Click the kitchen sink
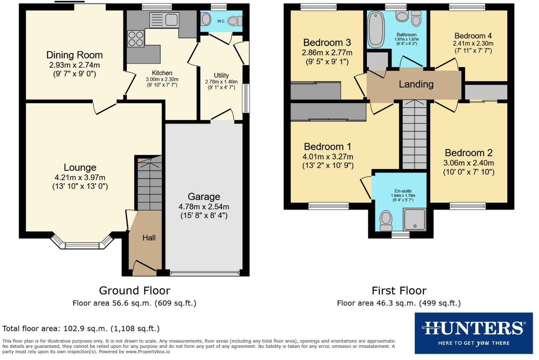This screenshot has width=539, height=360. click(x=164, y=20)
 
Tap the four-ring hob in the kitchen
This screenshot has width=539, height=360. click(x=135, y=39)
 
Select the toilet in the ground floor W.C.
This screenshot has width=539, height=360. click(x=234, y=21)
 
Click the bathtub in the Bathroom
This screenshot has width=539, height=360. click(x=376, y=29)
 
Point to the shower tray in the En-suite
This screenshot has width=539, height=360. click(x=414, y=219)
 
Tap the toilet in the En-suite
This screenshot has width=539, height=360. click(x=386, y=221)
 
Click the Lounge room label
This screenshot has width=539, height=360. click(x=80, y=168)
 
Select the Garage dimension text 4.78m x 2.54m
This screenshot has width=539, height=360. click(x=204, y=207)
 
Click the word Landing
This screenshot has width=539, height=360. click(x=416, y=84)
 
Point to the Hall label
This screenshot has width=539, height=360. click(x=149, y=238)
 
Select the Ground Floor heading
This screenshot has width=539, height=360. click(x=135, y=290)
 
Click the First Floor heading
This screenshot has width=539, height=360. click(x=399, y=290)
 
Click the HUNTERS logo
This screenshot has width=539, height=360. click(x=473, y=333)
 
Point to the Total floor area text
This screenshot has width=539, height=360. click(x=81, y=328)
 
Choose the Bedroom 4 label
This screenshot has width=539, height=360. click(x=473, y=36)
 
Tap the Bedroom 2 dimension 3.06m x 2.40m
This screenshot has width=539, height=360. click(x=468, y=163)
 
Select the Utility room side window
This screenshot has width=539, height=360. click(x=245, y=98)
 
